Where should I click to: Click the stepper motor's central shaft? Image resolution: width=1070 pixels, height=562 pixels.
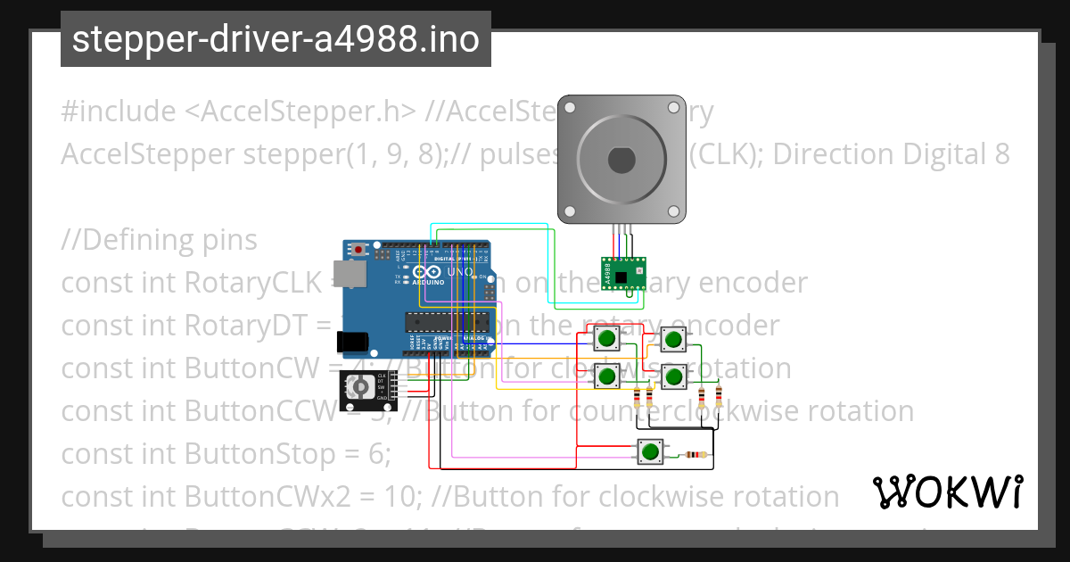621,160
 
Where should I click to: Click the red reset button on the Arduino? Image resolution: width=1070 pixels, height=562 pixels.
358,250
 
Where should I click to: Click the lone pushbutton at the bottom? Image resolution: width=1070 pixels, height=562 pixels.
649,452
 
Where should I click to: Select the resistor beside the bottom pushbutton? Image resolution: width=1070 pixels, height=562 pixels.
695,455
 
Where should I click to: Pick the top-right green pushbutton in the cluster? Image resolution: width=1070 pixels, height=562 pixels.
673,340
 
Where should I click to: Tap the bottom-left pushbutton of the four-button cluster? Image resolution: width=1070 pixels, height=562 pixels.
608,376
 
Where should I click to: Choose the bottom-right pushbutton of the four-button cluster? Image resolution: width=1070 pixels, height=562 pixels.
673,376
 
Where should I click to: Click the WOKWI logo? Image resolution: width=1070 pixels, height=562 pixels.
947,492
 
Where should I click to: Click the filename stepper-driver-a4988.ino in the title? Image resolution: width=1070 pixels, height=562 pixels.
276,39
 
